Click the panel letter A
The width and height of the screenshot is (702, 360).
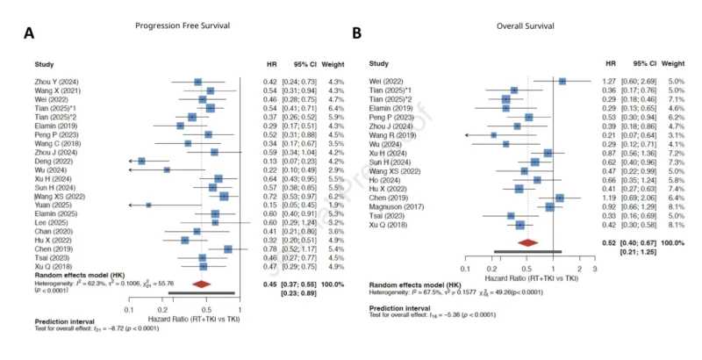coord(29,34)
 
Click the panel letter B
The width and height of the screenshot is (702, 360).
coord(356,33)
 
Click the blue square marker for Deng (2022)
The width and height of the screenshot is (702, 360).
coord(141,162)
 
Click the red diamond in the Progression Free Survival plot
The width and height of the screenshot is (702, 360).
coord(201,283)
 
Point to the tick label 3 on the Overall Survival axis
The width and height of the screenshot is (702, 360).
coord(594,269)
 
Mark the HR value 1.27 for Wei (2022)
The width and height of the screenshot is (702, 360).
coord(610,81)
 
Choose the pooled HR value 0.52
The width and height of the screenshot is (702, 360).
coord(610,242)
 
